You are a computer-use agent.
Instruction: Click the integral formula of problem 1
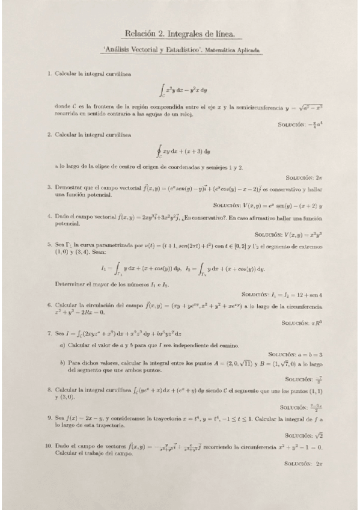click(x=183, y=91)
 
